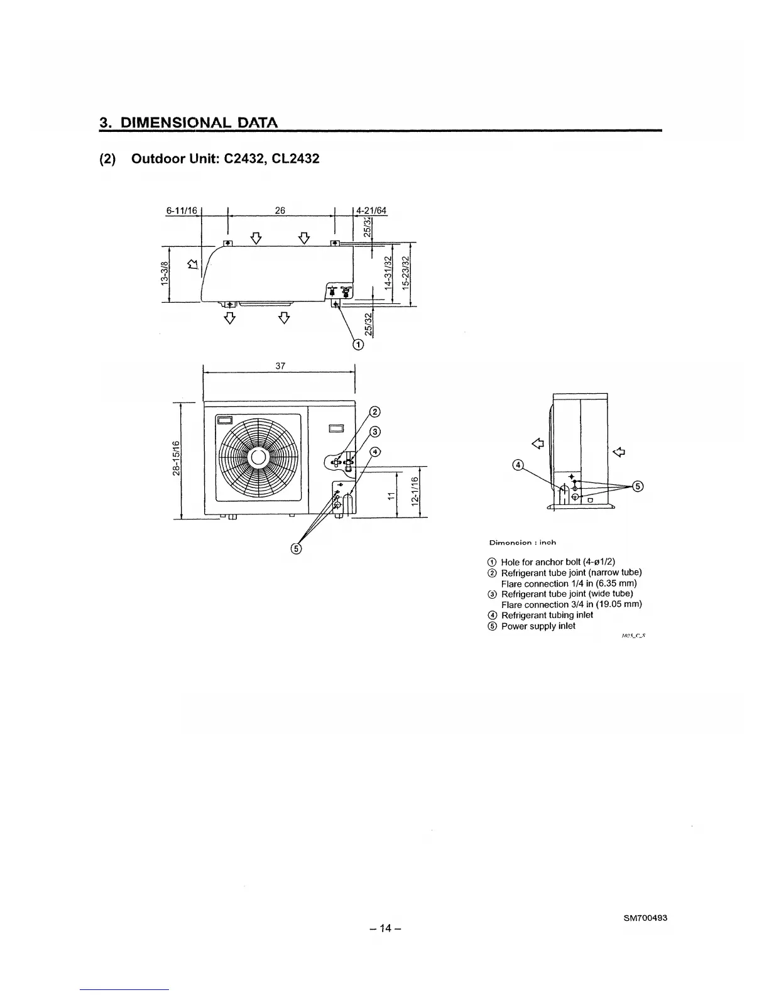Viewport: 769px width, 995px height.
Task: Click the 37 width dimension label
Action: [281, 366]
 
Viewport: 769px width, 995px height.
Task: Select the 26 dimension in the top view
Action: [280, 210]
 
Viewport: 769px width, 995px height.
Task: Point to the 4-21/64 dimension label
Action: [371, 210]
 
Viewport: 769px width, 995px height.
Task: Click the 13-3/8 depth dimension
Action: [165, 275]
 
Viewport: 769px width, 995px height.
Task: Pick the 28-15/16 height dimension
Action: [177, 459]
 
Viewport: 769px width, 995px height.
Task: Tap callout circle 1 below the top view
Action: [358, 344]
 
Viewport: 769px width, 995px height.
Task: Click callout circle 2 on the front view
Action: [374, 412]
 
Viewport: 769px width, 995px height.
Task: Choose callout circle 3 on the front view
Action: [374, 432]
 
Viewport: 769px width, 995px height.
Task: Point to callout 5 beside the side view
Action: [638, 486]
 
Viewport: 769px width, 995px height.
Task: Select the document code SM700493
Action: [645, 918]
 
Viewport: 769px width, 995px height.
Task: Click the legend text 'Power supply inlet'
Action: [538, 626]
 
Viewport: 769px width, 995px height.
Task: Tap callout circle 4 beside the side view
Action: [518, 465]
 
